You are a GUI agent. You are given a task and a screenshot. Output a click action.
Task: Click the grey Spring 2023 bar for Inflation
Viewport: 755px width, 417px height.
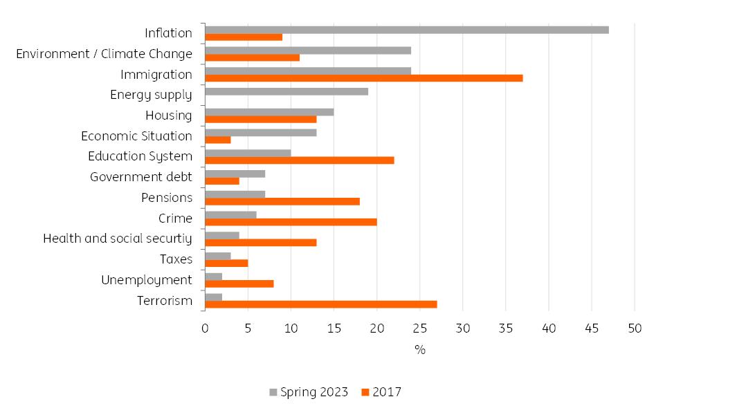tap(407, 30)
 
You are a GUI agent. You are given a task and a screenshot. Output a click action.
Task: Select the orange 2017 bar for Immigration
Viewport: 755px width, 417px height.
tap(364, 78)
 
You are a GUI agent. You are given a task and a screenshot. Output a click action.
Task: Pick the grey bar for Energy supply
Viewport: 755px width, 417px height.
tap(286, 91)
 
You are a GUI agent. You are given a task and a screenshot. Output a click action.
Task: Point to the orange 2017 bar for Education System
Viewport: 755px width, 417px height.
tap(300, 160)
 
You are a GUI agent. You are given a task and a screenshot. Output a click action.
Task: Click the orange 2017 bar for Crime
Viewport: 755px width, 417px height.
tap(291, 222)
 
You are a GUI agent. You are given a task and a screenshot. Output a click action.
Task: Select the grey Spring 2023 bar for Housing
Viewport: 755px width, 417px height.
tap(269, 112)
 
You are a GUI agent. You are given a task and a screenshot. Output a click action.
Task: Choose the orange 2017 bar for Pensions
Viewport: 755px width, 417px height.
tap(282, 201)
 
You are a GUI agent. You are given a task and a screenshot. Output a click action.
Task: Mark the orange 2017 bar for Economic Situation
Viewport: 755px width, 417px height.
tap(218, 140)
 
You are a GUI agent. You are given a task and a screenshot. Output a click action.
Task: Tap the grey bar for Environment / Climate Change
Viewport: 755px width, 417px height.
tap(308, 50)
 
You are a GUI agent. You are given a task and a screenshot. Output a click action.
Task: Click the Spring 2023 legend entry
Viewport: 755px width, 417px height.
tap(309, 393)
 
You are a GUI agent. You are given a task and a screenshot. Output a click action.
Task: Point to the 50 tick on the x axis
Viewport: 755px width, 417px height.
tap(635, 328)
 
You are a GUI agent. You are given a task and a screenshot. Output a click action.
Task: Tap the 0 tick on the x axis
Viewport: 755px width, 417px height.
tap(205, 328)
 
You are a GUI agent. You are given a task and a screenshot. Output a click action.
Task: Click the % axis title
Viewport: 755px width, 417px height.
tap(419, 350)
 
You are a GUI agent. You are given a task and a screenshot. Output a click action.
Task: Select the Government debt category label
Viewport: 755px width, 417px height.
tap(141, 177)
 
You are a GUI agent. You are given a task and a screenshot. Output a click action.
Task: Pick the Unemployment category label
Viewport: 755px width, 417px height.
tap(147, 280)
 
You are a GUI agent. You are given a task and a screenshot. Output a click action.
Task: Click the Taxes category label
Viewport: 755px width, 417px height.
tap(175, 259)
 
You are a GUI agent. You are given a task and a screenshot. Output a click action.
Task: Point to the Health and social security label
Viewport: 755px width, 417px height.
tap(118, 239)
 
